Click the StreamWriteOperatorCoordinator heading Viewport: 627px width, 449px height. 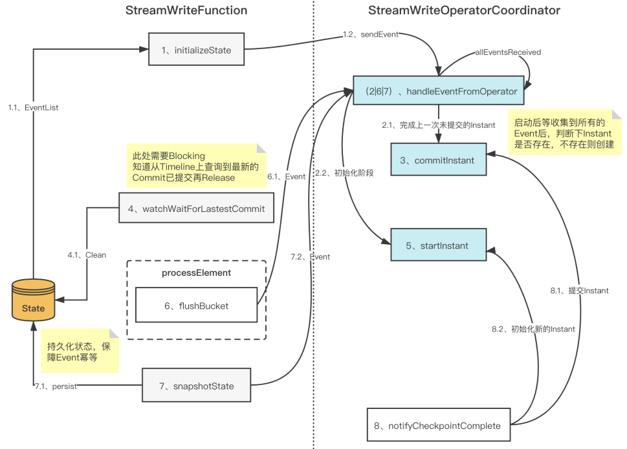[464, 10]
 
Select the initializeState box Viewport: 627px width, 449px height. [197, 50]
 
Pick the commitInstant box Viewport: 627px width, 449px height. [438, 160]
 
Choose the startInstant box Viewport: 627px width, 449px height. [438, 245]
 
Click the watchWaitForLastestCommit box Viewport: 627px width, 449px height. [192, 209]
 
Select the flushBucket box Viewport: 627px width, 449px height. [196, 306]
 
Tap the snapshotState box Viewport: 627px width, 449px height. [196, 386]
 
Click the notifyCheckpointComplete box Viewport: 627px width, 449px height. [439, 426]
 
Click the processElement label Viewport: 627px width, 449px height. [196, 273]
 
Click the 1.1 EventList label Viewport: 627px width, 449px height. [33, 108]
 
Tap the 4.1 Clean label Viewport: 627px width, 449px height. [87, 255]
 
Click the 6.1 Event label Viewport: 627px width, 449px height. [286, 176]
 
